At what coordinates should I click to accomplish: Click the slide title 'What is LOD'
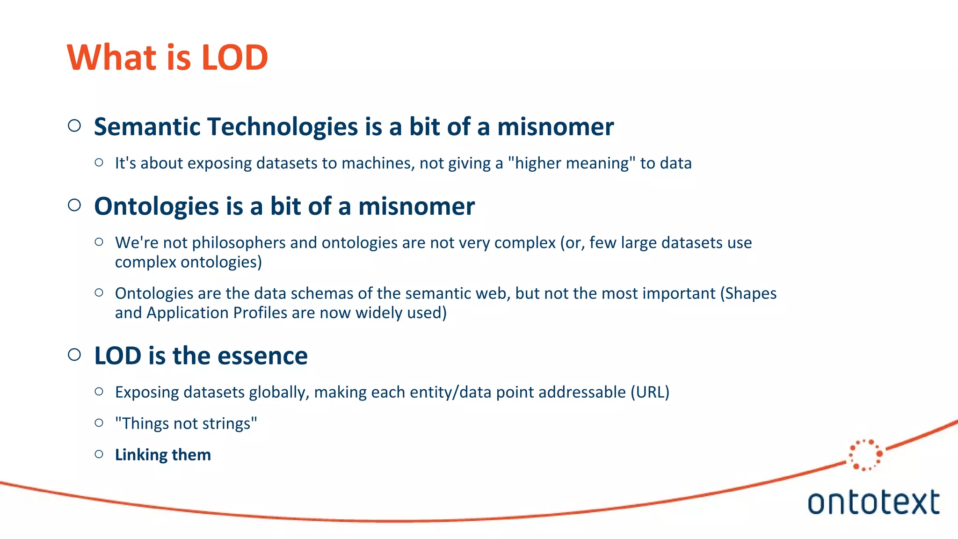coord(167,58)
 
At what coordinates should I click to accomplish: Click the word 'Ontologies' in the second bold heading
coord(156,206)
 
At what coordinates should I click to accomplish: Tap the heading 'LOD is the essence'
coord(201,356)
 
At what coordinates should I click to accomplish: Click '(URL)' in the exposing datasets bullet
coord(650,392)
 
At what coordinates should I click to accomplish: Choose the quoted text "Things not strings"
coord(186,423)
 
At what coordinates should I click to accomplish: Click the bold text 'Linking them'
coord(163,455)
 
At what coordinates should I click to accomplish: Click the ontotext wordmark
coord(873,503)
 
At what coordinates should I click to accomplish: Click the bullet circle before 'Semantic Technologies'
coord(74,126)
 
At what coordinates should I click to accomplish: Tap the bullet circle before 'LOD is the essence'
coord(74,355)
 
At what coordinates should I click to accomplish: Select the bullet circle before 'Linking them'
coord(99,454)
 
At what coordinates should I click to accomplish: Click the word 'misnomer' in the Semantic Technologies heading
coord(555,127)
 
